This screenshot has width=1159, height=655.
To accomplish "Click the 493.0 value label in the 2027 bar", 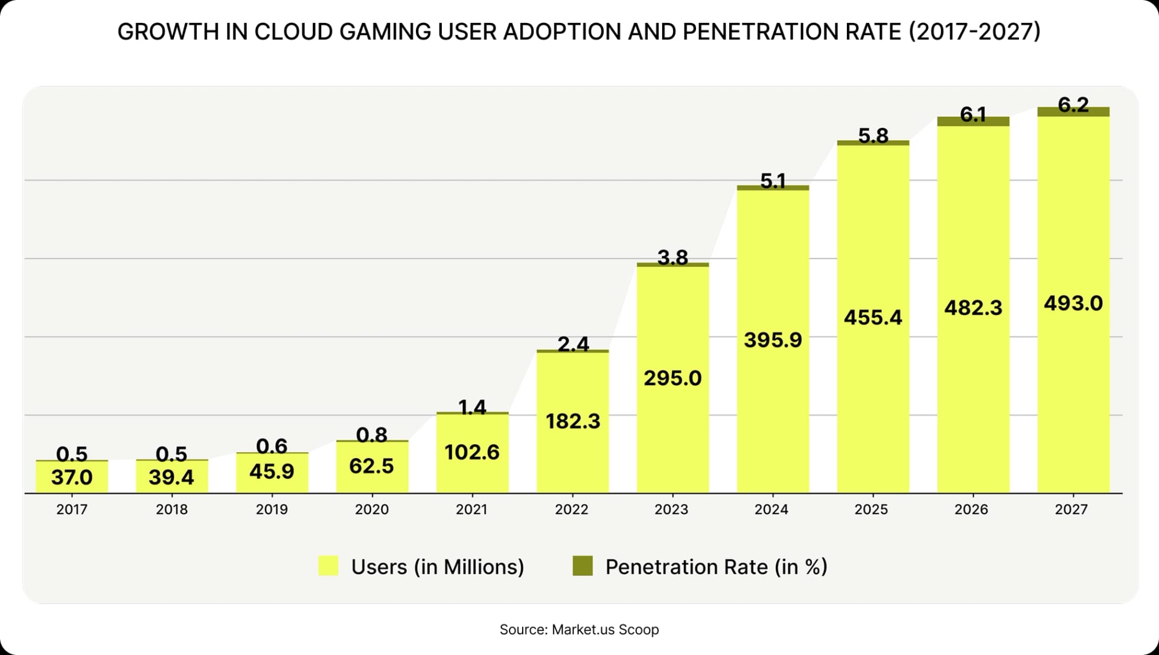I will pyautogui.click(x=1073, y=303).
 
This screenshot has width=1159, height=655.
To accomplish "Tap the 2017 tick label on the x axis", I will pyautogui.click(x=72, y=510).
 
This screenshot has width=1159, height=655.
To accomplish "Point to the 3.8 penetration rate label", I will pyautogui.click(x=672, y=258).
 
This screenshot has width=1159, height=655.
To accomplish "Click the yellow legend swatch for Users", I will pyautogui.click(x=328, y=566).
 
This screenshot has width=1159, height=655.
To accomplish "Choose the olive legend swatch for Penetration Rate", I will pyautogui.click(x=583, y=566).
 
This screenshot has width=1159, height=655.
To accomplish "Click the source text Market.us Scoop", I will pyautogui.click(x=605, y=630).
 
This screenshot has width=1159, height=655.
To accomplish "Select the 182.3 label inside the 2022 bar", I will pyautogui.click(x=573, y=421).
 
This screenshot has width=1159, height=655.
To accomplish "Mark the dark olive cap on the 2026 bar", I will pyautogui.click(x=973, y=121).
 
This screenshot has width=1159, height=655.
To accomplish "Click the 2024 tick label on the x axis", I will pyautogui.click(x=771, y=510).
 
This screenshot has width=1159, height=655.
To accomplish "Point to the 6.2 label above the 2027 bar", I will pyautogui.click(x=1073, y=105).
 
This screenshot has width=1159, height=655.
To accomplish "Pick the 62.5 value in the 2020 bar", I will pyautogui.click(x=371, y=466).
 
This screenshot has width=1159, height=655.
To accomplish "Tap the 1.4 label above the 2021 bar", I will pyautogui.click(x=472, y=407).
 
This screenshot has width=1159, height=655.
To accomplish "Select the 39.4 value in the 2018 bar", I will pyautogui.click(x=171, y=478).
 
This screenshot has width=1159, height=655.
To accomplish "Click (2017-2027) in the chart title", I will pyautogui.click(x=974, y=32).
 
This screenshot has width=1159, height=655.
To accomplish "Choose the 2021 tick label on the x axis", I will pyautogui.click(x=471, y=510).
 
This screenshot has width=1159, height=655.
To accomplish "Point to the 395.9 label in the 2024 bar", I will pyautogui.click(x=773, y=340).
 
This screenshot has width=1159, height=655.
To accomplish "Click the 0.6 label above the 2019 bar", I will pyautogui.click(x=272, y=446).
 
